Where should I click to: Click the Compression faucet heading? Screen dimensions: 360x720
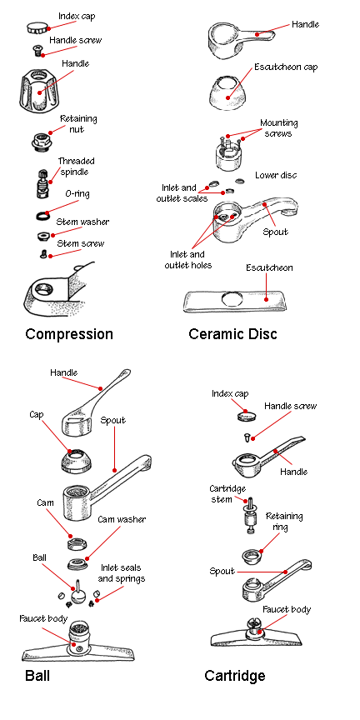(69, 334)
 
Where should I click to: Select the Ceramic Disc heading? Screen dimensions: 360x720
(232, 334)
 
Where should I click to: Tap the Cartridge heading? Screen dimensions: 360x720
(235, 676)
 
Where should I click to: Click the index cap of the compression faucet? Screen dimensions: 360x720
(37, 27)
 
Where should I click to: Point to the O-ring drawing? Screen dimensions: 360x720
(43, 215)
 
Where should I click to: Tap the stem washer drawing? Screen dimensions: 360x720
(43, 236)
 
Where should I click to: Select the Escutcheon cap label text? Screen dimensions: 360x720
(286, 67)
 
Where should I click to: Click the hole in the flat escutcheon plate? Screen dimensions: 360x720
(233, 299)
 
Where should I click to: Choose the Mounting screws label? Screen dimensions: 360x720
(278, 128)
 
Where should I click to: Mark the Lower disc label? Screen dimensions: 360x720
(276, 175)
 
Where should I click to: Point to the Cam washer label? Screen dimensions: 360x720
(121, 519)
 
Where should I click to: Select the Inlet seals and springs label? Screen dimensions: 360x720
(122, 573)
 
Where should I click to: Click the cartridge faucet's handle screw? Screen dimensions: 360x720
(247, 437)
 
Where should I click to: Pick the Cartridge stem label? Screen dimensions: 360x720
(227, 494)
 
